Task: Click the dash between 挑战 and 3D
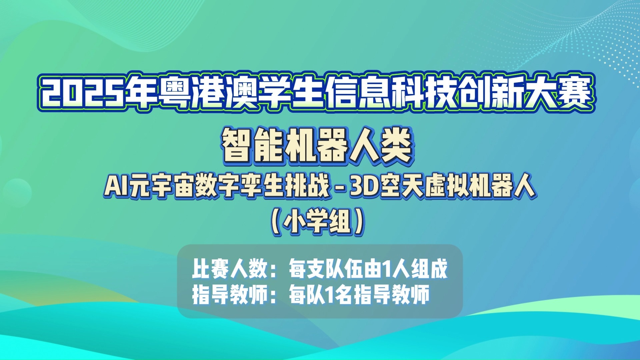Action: pyautogui.click(x=340, y=188)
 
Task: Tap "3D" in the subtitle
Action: pyautogui.click(x=363, y=187)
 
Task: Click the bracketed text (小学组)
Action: pyautogui.click(x=318, y=222)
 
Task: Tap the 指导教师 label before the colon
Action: pyautogui.click(x=230, y=295)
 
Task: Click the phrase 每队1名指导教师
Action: pyautogui.click(x=359, y=295)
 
